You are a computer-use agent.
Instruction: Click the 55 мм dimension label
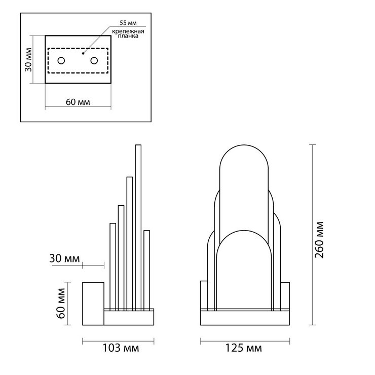coord(128,23)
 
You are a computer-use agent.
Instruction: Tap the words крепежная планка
coord(128,34)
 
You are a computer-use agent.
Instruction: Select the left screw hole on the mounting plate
coord(61,61)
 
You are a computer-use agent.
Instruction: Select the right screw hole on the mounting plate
coord(94,61)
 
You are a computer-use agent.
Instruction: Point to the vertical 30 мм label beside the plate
coord(28,60)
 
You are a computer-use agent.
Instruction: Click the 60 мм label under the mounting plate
coord(78,102)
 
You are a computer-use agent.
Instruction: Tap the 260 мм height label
coord(319,240)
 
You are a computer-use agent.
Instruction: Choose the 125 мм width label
coord(243,348)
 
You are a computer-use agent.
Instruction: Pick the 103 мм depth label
coord(121,348)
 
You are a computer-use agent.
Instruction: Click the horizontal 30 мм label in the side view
coord(64,258)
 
